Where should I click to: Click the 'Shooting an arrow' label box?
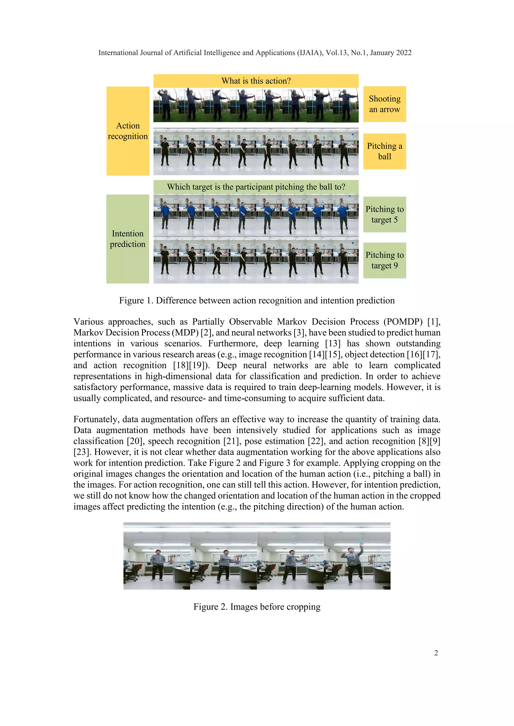[x=384, y=104]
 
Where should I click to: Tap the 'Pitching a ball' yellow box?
[x=384, y=151]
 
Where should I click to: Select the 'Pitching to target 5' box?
[x=384, y=214]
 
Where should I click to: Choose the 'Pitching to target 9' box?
[x=384, y=260]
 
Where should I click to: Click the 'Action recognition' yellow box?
[x=127, y=131]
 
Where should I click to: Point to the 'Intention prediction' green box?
[x=127, y=239]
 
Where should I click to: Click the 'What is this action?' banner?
[x=256, y=81]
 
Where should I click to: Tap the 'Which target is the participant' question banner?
[x=256, y=187]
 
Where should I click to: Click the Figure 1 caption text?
[x=257, y=300]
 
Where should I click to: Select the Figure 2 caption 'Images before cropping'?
[x=257, y=607]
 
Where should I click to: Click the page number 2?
[x=436, y=653]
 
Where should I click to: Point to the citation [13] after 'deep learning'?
[x=333, y=344]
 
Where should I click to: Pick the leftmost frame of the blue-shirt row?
[x=166, y=216]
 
